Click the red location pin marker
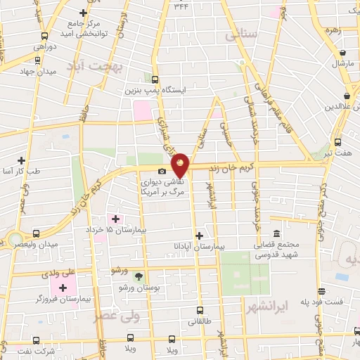pyautogui.click(x=181, y=165)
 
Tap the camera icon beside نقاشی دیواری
pyautogui.click(x=162, y=172)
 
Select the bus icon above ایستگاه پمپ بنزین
pyautogui.click(x=154, y=79)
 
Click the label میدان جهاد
pyautogui.click(x=17, y=71)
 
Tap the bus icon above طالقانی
pyautogui.click(x=200, y=310)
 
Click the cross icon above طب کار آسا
pyautogui.click(x=22, y=160)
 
